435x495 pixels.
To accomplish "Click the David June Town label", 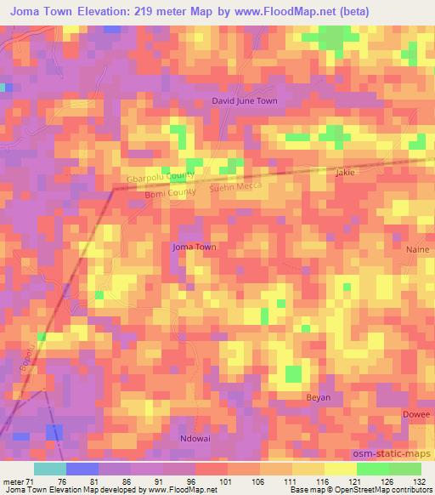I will click(245, 100).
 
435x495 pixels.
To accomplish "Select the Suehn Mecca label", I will click(235, 185).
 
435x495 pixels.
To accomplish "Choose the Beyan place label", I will click(318, 397).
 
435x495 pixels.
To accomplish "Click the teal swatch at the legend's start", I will click(49, 469).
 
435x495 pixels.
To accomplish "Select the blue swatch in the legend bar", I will click(82, 469).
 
